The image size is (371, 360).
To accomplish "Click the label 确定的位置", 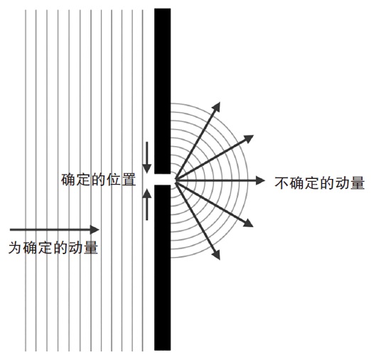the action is (98, 180).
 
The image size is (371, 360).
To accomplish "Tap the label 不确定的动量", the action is (320, 182).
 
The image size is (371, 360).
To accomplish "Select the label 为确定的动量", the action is (53, 248).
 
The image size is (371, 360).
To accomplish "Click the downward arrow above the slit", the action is (147, 158).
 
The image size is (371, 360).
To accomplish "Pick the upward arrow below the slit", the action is (147, 204).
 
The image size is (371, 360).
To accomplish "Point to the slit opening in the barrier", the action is (162, 180).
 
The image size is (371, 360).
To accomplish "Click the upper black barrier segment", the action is (162, 91).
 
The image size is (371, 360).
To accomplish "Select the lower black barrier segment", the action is (162, 268).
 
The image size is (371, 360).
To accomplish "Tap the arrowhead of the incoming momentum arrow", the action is (95, 229).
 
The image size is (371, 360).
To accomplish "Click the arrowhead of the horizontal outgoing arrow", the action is (261, 180).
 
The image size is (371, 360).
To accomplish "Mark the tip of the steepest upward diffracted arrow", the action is (220, 102).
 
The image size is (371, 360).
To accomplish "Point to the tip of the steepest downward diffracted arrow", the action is (220, 260).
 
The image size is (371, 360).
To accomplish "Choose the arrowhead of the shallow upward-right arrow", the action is (249, 138).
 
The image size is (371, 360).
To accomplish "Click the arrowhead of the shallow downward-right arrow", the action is (249, 224).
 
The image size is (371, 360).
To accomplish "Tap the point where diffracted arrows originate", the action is (176, 180).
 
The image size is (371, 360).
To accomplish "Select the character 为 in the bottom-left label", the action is (16, 248).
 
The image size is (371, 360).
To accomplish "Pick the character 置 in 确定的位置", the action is (129, 180).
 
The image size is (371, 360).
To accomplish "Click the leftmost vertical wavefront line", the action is (26, 180).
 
